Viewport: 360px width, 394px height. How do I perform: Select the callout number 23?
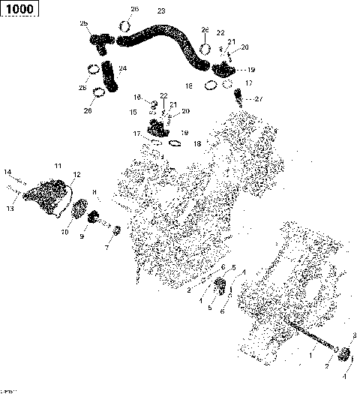pyautogui.click(x=160, y=11)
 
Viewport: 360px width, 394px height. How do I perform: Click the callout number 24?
pyautogui.click(x=123, y=69)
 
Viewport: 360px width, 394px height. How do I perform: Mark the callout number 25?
pyautogui.click(x=83, y=25)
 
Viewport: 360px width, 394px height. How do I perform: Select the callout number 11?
pyautogui.click(x=57, y=165)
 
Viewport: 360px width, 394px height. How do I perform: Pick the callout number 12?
pyautogui.click(x=76, y=174)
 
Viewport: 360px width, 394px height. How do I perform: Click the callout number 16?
pyautogui.click(x=137, y=98)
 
